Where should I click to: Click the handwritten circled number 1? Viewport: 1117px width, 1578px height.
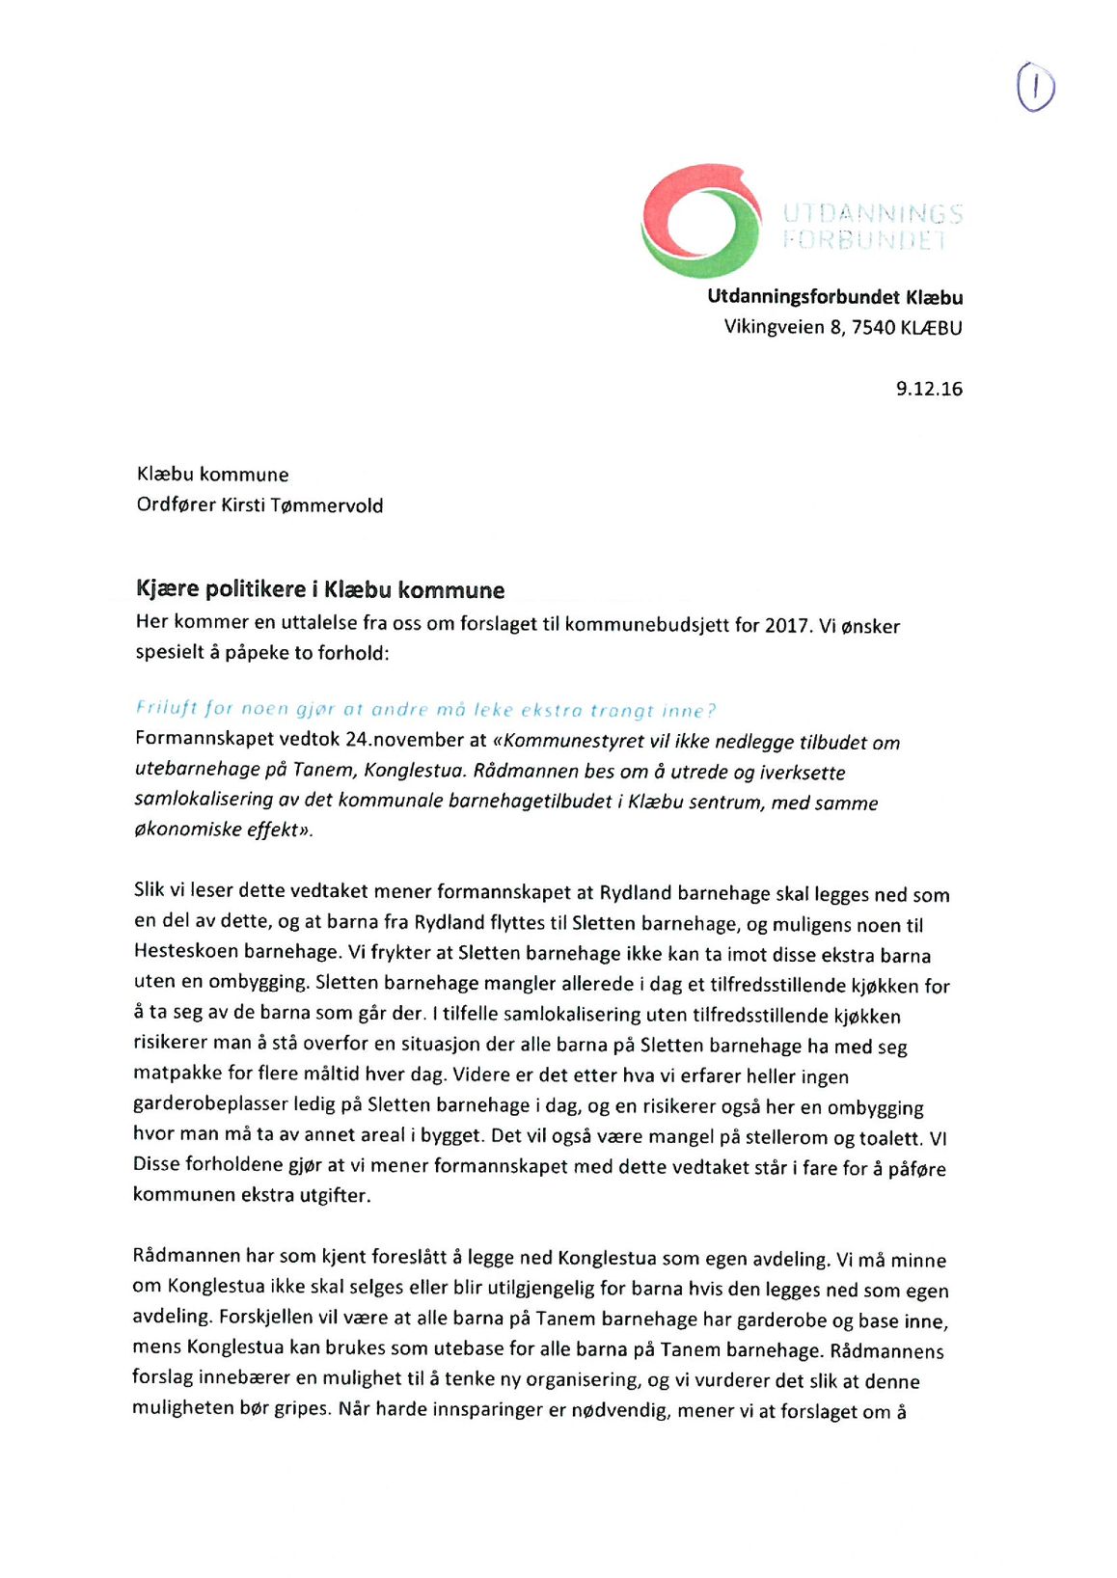[x=1035, y=88]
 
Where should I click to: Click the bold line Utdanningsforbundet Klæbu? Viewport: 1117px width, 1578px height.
[x=834, y=297]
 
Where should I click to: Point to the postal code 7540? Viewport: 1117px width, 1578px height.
[x=873, y=328]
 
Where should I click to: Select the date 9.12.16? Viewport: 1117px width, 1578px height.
[x=929, y=389]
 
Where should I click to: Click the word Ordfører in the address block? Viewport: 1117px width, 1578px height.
[x=176, y=505]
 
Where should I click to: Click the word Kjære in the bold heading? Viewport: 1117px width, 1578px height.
[x=166, y=589]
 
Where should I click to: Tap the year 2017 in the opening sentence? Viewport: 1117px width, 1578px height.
[x=786, y=626]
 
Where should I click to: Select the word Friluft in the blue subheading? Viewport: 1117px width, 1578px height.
[x=167, y=708]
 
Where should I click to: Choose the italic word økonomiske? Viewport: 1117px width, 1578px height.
[x=187, y=830]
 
